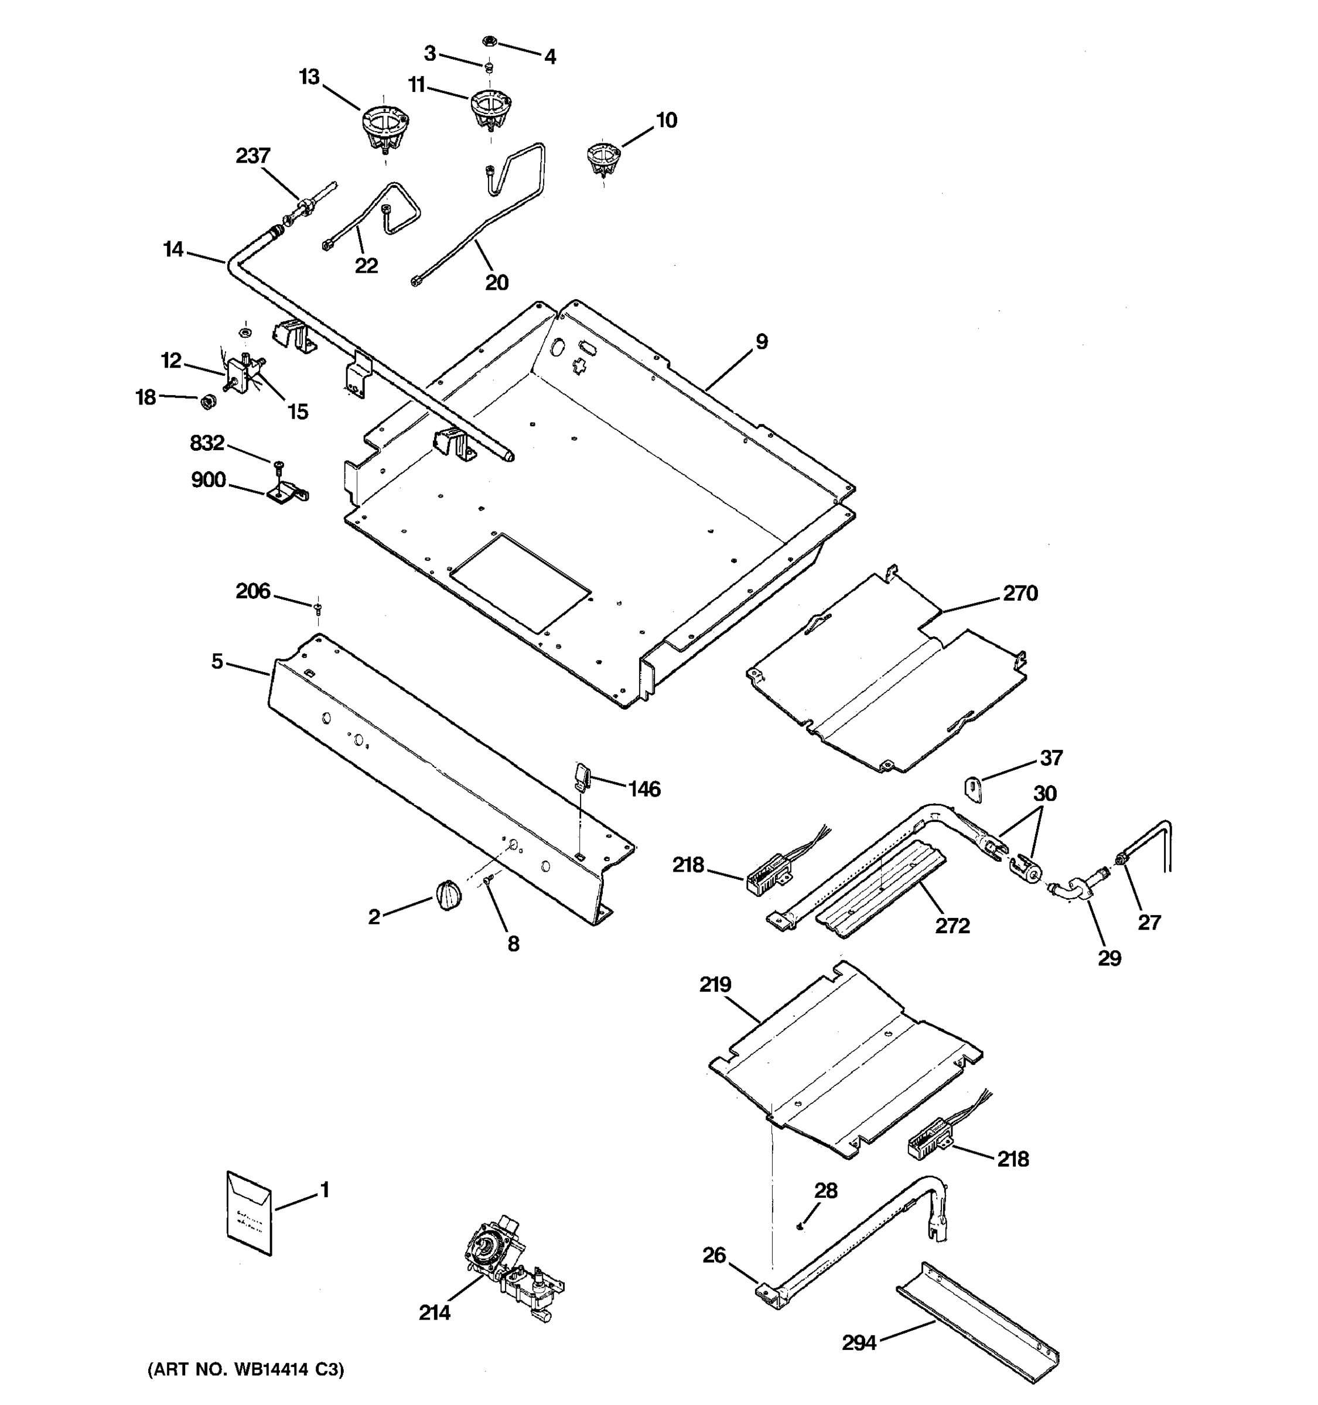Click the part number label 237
tap(252, 156)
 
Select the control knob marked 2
tap(448, 896)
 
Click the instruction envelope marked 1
tap(249, 1213)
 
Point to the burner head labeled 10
tap(602, 158)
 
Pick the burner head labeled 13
tap(385, 127)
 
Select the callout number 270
tap(1020, 593)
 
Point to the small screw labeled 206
tap(317, 606)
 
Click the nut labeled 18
tap(207, 402)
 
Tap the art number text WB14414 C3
tap(245, 1370)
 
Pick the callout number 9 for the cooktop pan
tap(761, 341)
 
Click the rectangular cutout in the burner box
tap(520, 583)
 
